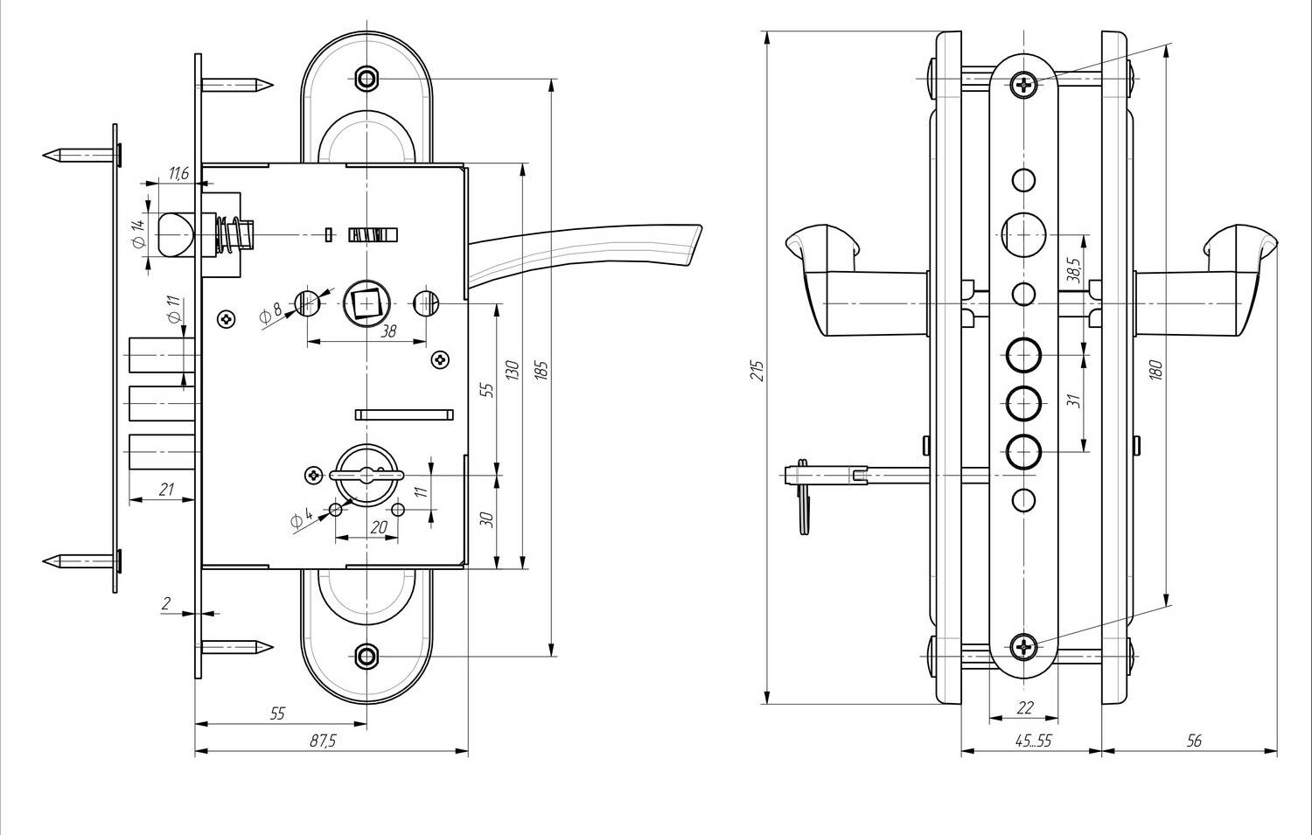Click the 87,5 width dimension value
(x=323, y=741)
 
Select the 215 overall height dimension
(x=757, y=371)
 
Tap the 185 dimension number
(x=541, y=371)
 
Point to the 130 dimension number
(x=513, y=371)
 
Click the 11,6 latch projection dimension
(x=178, y=173)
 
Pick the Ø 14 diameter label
(x=139, y=234)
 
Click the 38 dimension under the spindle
(x=388, y=331)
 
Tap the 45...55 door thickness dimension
(x=1033, y=741)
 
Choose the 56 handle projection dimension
(x=1194, y=741)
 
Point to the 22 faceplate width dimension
(x=1025, y=708)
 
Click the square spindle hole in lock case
(x=366, y=304)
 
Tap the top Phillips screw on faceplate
(x=1024, y=86)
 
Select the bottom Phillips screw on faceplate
(x=1024, y=647)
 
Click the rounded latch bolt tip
(x=175, y=235)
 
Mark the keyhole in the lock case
(x=366, y=475)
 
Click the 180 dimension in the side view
(x=1155, y=371)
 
